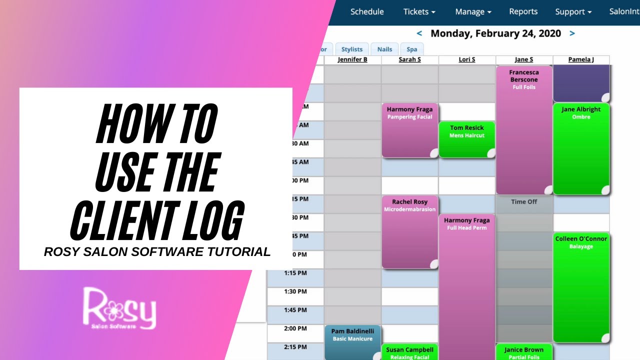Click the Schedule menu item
pos(367,11)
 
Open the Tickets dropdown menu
pos(419,11)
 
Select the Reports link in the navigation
pos(523,11)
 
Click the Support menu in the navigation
pos(573,11)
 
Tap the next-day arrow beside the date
pos(572,33)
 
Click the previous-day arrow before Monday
pos(419,33)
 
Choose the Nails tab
pos(384,49)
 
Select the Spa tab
pos(411,49)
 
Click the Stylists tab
pos(352,49)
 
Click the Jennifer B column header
pos(352,59)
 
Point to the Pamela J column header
pos(581,59)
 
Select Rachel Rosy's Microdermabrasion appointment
pos(409,205)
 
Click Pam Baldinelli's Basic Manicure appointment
pos(352,335)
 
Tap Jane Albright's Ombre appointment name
pos(581,109)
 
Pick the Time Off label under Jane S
pos(524,202)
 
